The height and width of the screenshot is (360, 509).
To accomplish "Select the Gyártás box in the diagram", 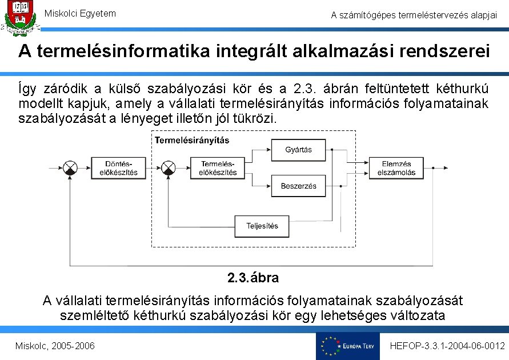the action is (x=298, y=150).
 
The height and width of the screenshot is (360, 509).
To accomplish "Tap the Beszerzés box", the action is (x=298, y=186).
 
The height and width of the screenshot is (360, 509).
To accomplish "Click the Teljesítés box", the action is (x=262, y=226).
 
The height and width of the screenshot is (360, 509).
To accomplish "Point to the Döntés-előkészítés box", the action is (x=114, y=168).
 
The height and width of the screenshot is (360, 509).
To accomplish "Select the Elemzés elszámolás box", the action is (x=396, y=168).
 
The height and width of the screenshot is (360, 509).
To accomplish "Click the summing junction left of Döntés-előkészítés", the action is (x=70, y=168).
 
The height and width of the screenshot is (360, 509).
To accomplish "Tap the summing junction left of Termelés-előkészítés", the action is (x=168, y=168).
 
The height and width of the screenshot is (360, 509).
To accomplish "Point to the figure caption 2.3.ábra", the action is (x=253, y=278).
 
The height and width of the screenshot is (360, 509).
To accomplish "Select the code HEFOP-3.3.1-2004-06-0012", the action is (x=447, y=346).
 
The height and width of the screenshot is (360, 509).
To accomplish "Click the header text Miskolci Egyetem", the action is (x=80, y=13).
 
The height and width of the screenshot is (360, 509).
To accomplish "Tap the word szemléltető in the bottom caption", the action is (x=94, y=315).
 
